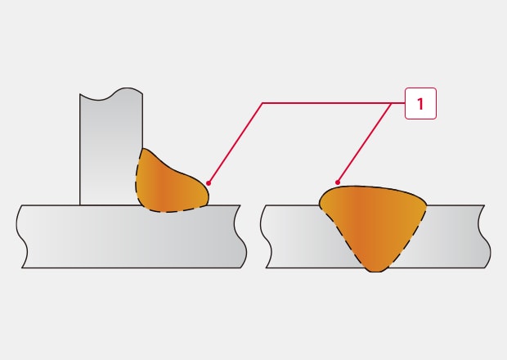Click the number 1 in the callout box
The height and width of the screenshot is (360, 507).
pyautogui.click(x=420, y=104)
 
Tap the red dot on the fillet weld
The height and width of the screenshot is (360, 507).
pyautogui.click(x=209, y=183)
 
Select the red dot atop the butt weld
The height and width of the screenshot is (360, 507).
pyautogui.click(x=338, y=182)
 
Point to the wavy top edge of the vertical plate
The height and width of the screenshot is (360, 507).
pyautogui.click(x=111, y=93)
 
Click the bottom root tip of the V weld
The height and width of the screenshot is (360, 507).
pyautogui.click(x=375, y=271)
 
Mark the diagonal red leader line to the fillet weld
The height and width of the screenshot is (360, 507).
pyautogui.click(x=236, y=143)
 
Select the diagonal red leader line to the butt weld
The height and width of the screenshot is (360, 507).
pyautogui.click(x=365, y=142)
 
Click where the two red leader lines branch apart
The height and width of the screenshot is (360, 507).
pyautogui.click(x=392, y=103)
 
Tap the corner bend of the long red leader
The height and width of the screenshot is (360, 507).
pyautogui.click(x=262, y=103)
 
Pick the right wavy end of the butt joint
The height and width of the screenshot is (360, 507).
pyautogui.click(x=485, y=236)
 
